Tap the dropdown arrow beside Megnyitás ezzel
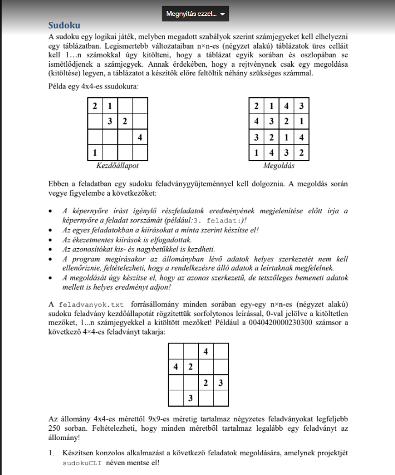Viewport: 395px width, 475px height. point(222,14)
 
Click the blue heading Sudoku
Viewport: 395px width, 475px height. point(64,25)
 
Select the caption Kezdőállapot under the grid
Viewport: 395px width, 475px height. point(117,165)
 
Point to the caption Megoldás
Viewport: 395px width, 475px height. point(279,165)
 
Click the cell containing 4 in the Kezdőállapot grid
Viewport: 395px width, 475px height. point(140,137)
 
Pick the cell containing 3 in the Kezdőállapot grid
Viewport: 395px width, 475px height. point(110,121)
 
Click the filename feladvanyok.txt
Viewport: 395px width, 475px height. point(91,304)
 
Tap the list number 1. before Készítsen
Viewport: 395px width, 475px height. point(51,453)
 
